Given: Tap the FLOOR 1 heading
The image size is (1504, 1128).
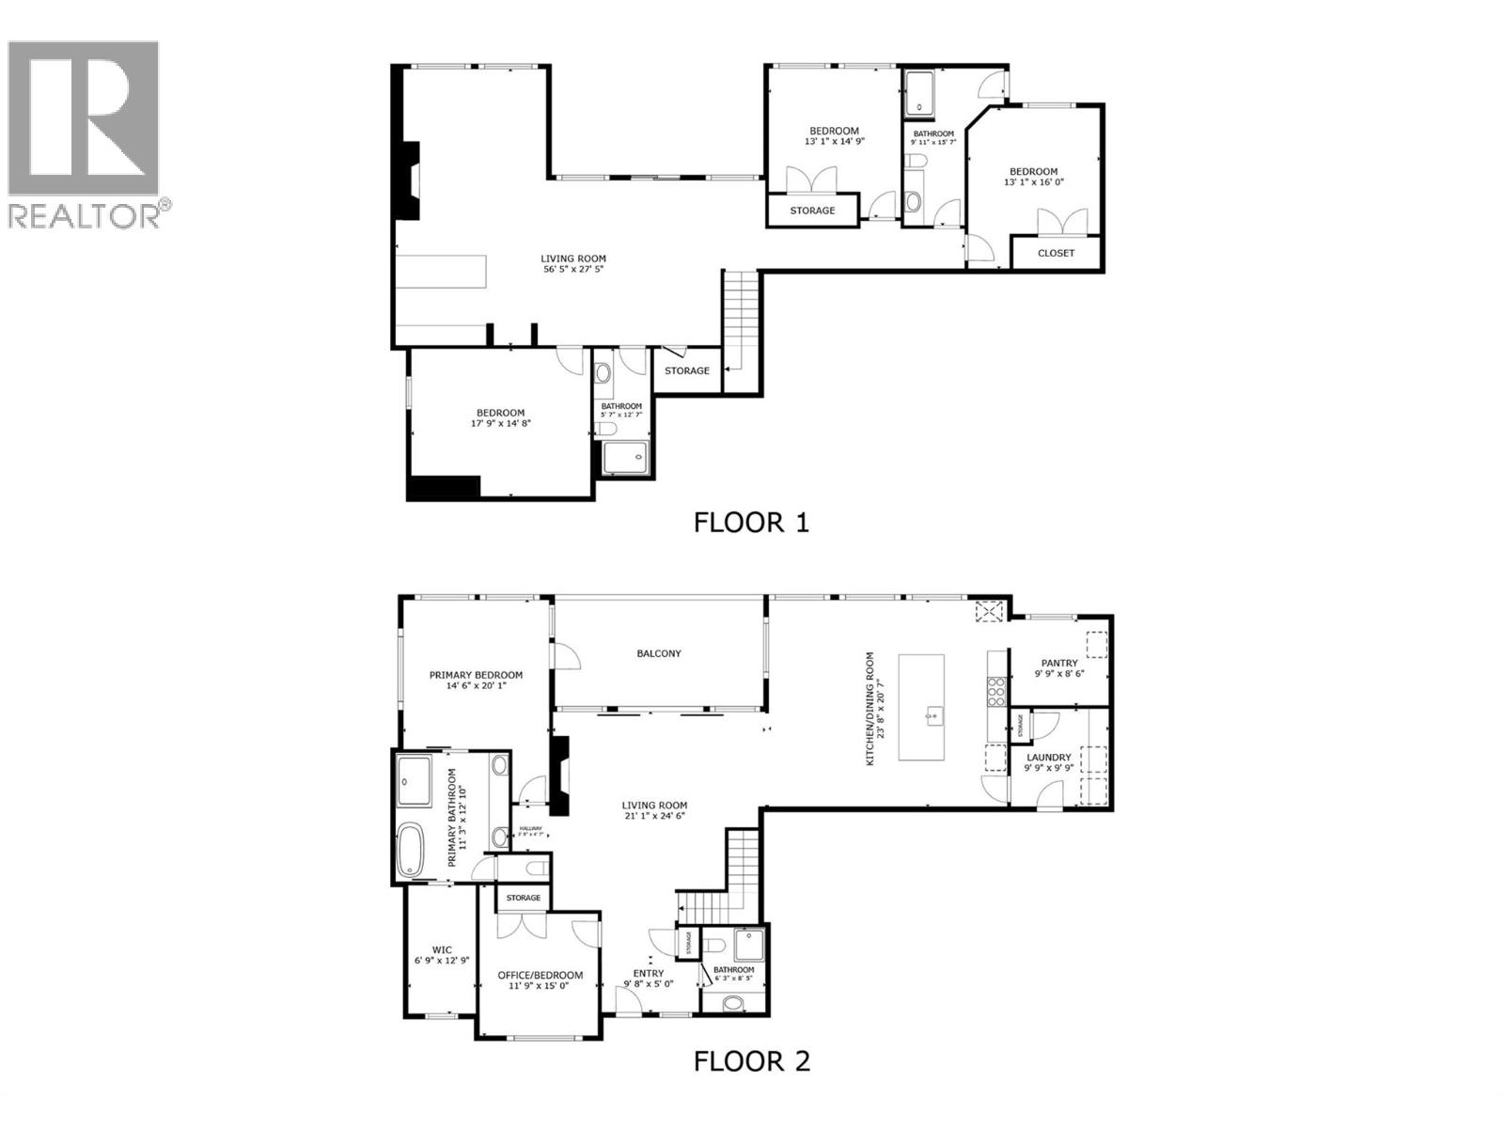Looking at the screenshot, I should (751, 523).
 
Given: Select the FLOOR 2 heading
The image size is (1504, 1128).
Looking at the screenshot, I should (751, 1061).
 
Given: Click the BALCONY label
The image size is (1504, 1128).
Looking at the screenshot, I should (659, 653).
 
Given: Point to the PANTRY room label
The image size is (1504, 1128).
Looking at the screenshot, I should (1059, 663).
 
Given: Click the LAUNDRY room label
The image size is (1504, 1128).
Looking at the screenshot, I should (1048, 758).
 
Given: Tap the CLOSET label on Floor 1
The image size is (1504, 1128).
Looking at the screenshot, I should (1056, 253).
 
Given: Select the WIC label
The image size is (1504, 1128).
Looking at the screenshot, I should (442, 950).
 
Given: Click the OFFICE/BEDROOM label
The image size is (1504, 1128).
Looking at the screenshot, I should (540, 976).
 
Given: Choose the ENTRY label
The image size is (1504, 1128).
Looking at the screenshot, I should (649, 974).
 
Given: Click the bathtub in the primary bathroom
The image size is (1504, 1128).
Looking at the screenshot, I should (412, 851).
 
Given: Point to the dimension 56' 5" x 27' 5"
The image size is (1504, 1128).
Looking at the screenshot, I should (572, 269).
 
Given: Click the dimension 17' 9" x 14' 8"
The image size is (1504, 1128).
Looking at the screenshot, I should (500, 424).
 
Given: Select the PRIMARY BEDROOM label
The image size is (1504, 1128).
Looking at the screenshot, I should (476, 675).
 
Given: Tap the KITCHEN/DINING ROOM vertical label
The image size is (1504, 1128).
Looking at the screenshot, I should (870, 708).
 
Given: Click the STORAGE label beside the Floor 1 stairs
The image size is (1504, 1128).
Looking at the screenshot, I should (687, 371).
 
